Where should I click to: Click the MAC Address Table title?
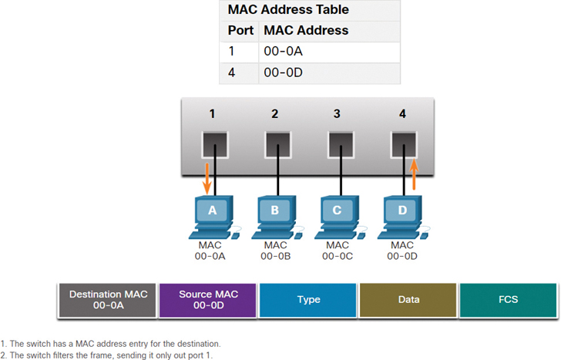coord(287,10)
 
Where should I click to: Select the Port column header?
coord(240,31)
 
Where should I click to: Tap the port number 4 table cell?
coord(232,73)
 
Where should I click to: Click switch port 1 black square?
coord(213,143)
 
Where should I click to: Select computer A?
coord(213,215)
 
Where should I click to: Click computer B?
coord(276,215)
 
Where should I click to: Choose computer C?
coord(338,215)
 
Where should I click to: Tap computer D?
coord(401,215)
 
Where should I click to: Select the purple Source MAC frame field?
coord(207,300)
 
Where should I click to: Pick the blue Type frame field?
coord(308,300)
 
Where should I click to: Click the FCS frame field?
coord(508,300)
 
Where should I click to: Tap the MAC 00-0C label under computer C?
coord(337,251)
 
